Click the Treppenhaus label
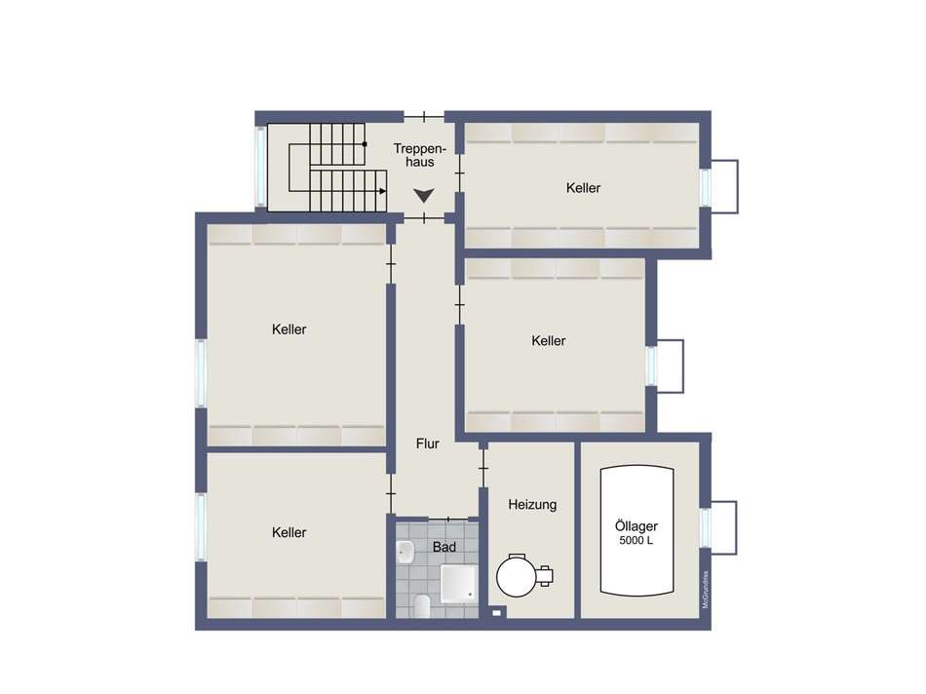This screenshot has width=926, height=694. pyautogui.click(x=419, y=155)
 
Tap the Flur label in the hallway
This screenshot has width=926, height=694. pyautogui.click(x=428, y=443)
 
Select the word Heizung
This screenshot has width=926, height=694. pyautogui.click(x=532, y=505)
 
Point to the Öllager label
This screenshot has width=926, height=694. pyautogui.click(x=637, y=525)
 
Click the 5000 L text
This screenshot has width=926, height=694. pyautogui.click(x=637, y=540)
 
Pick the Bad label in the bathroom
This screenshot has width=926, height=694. pyautogui.click(x=444, y=548)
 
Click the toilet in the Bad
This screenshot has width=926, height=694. pyautogui.click(x=422, y=606)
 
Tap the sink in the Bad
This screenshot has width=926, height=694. pyautogui.click(x=405, y=553)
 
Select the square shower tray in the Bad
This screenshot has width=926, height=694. pyautogui.click(x=458, y=583)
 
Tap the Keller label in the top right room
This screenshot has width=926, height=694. pyautogui.click(x=583, y=188)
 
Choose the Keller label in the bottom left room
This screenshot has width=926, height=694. pyautogui.click(x=289, y=533)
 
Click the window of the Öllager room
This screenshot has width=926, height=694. pyautogui.click(x=705, y=527)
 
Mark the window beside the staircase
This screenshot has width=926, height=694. pyautogui.click(x=260, y=166)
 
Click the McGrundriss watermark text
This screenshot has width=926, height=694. pyautogui.click(x=705, y=589)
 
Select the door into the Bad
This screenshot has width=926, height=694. pyautogui.click(x=448, y=520)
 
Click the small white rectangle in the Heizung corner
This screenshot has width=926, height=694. pyautogui.click(x=497, y=613)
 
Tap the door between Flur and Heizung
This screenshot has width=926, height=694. pyautogui.click(x=483, y=469)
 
